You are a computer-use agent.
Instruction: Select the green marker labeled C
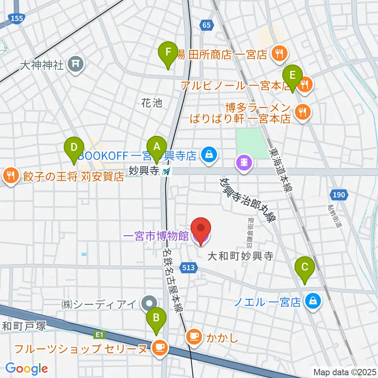[305, 267]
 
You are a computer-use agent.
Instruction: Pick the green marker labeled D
[74, 147]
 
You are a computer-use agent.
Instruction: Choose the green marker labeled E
[292, 75]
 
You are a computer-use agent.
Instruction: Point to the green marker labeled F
[168, 52]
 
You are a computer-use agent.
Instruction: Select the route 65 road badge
[207, 25]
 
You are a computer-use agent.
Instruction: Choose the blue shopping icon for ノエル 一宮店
[315, 302]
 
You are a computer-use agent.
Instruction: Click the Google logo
[26, 369]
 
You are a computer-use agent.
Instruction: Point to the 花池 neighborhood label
[152, 103]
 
